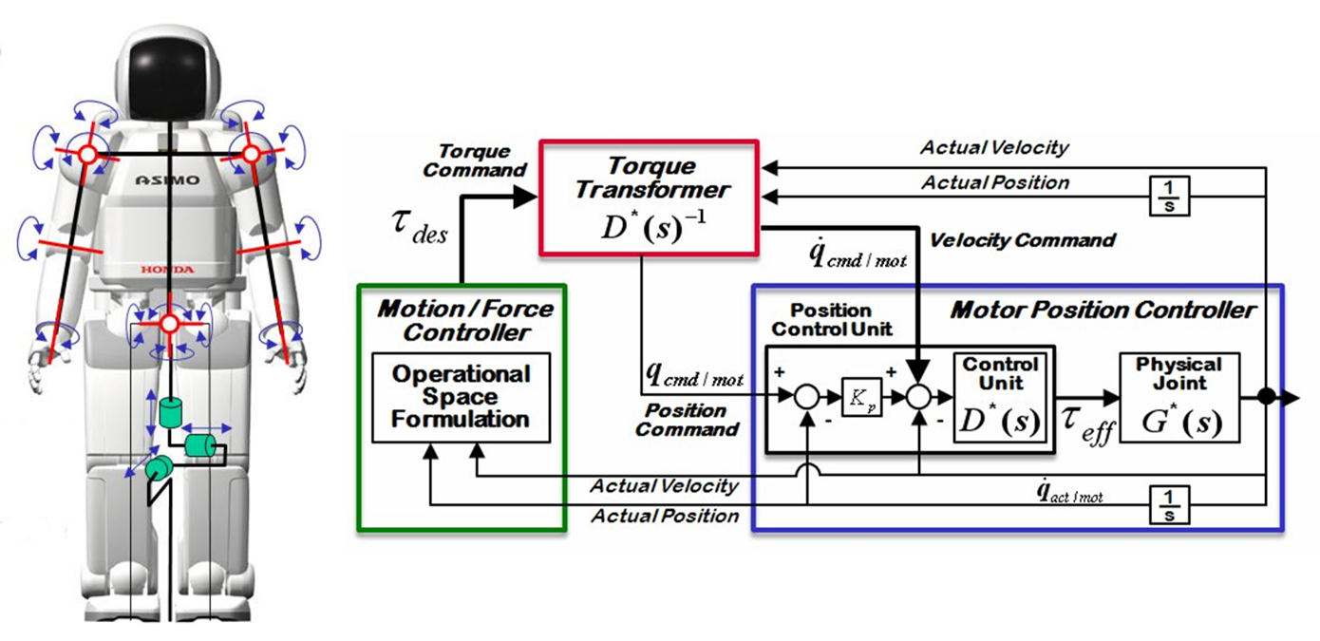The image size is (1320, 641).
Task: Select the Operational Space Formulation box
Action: pos(461,397)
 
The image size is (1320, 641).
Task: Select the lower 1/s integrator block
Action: pos(1169,504)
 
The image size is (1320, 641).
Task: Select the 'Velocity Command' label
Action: pos(1022,240)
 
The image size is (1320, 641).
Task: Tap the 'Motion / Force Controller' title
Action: pos(465,320)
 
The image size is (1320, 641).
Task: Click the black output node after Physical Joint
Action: pos(1265,398)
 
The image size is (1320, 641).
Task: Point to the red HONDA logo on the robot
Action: pos(167,270)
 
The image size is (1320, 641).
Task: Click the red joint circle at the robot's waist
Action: pos(169,325)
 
